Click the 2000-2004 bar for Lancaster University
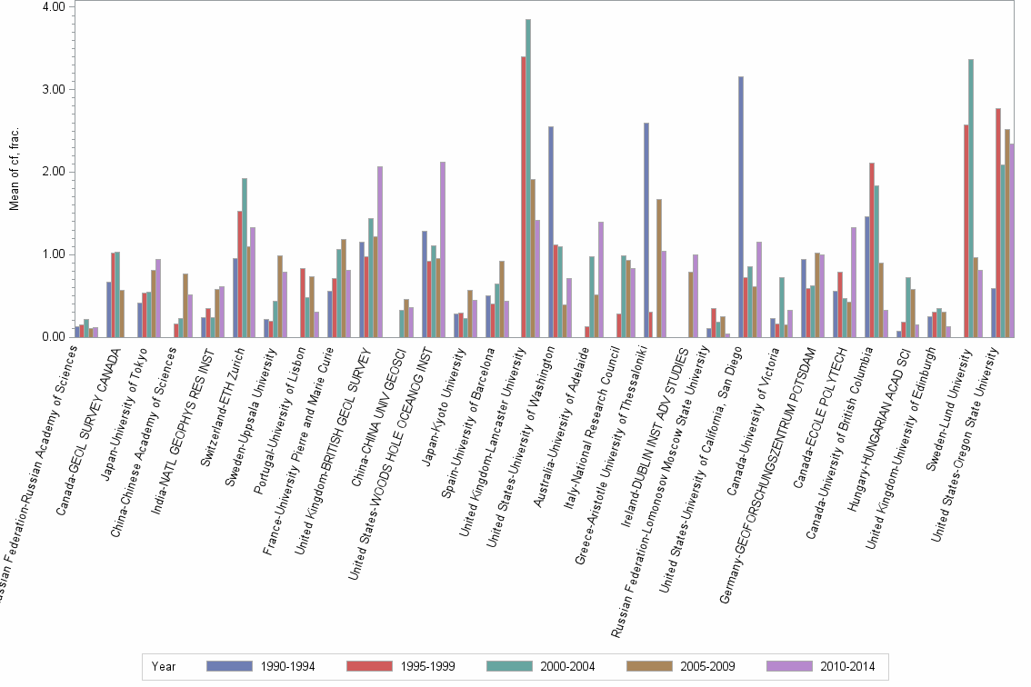click(x=528, y=178)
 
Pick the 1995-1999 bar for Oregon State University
click(x=998, y=223)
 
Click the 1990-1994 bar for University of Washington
click(x=551, y=232)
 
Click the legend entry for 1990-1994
click(x=262, y=666)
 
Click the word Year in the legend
click(x=164, y=666)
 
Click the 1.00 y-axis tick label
click(x=53, y=254)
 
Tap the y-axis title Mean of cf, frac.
click(x=14, y=171)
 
